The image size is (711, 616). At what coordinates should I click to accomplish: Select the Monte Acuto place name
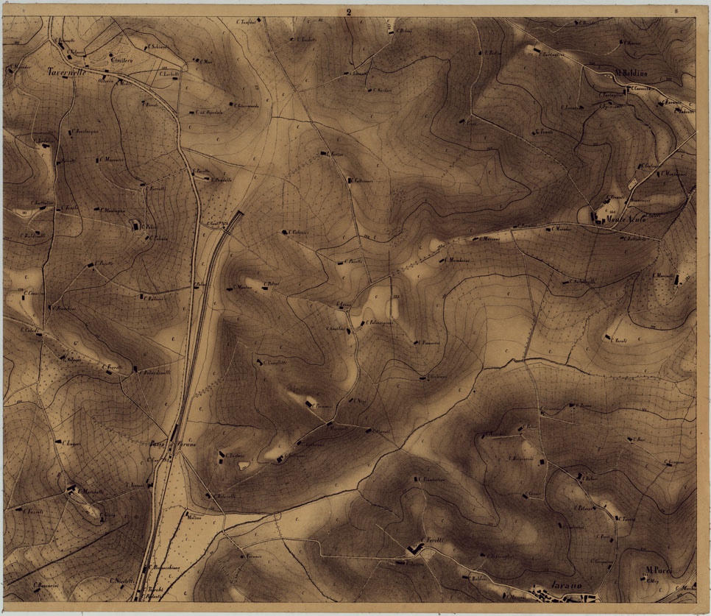pyautogui.click(x=626, y=219)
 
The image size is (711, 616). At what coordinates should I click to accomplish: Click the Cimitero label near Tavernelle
pyautogui.click(x=120, y=58)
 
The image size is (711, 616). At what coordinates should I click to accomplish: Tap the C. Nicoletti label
pyautogui.click(x=122, y=580)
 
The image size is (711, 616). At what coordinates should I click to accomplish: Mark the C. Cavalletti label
pyautogui.click(x=275, y=362)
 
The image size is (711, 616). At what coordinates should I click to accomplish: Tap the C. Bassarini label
pyautogui.click(x=46, y=586)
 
